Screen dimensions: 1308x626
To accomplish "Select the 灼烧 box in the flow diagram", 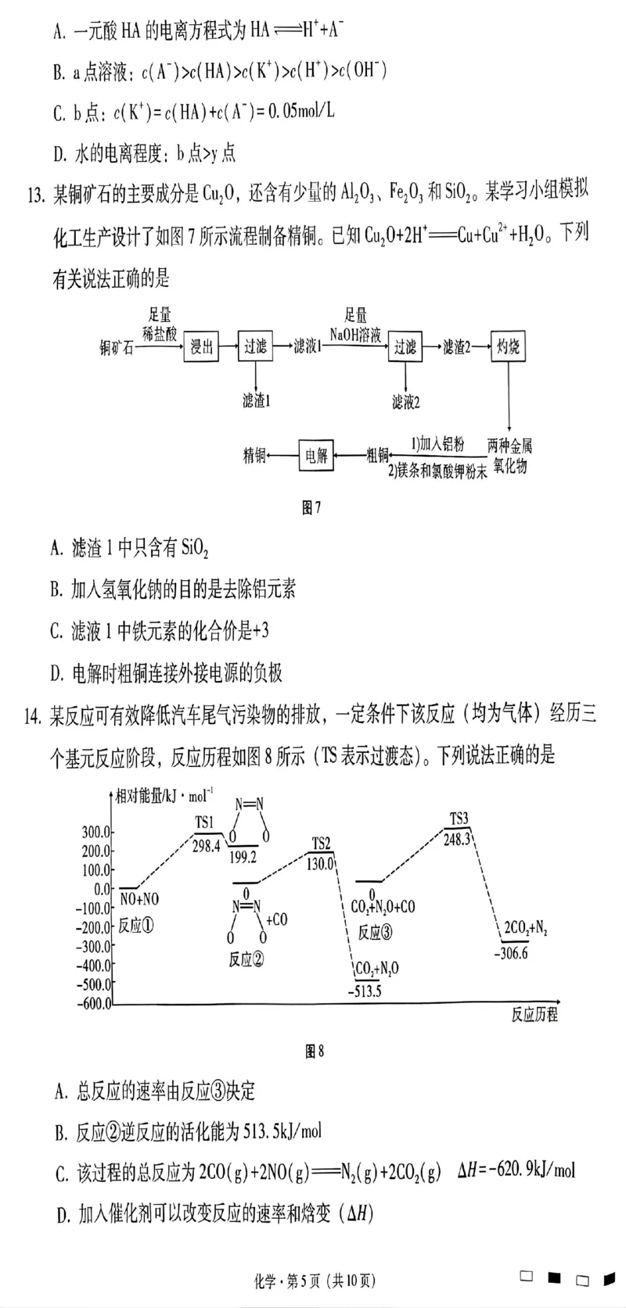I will click(x=508, y=346).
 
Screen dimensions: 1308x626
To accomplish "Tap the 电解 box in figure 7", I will click(x=316, y=456).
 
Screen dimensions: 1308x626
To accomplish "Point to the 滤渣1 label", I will click(x=256, y=401).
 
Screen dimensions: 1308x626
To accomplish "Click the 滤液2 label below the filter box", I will click(x=406, y=402).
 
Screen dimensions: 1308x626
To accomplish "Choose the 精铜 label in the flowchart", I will click(x=254, y=456).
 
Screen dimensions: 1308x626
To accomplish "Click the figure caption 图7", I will click(x=311, y=508).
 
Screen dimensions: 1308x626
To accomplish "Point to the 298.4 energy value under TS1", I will click(x=206, y=847).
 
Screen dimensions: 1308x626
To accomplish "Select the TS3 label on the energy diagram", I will click(x=459, y=819).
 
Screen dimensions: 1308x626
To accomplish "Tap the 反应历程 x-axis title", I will click(x=534, y=1015).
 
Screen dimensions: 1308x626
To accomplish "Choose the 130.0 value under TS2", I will click(x=321, y=864).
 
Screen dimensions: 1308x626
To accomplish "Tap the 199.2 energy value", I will click(x=243, y=857).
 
